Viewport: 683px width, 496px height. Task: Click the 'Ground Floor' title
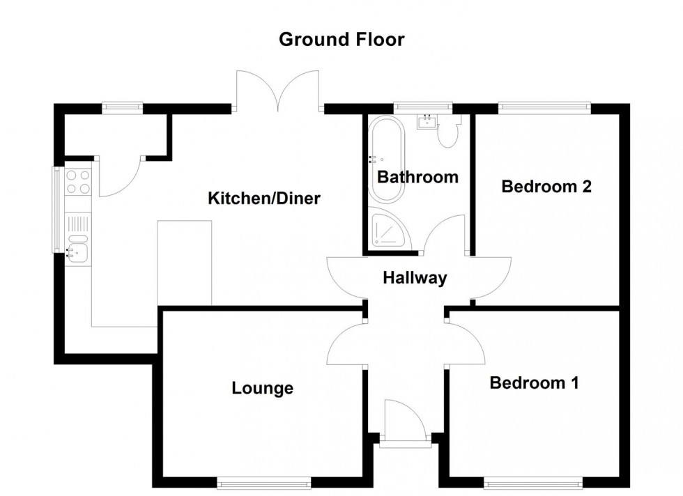coord(341,40)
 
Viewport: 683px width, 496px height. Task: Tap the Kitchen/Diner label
coord(264,199)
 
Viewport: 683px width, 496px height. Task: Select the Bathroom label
coord(417,177)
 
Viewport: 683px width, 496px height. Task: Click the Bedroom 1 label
coord(535,382)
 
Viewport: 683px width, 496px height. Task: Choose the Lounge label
coord(262,388)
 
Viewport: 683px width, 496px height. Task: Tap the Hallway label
coord(415,279)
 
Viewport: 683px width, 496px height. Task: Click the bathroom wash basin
coord(427,123)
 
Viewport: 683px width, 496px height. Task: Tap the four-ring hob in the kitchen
coord(78,182)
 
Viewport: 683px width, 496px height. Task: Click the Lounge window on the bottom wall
coord(263,481)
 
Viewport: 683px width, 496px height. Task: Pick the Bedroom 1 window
coord(533,481)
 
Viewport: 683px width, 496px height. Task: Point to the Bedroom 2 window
coord(544,107)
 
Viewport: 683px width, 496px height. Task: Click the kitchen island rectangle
coord(185,263)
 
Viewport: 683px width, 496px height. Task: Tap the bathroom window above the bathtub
coord(422,107)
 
